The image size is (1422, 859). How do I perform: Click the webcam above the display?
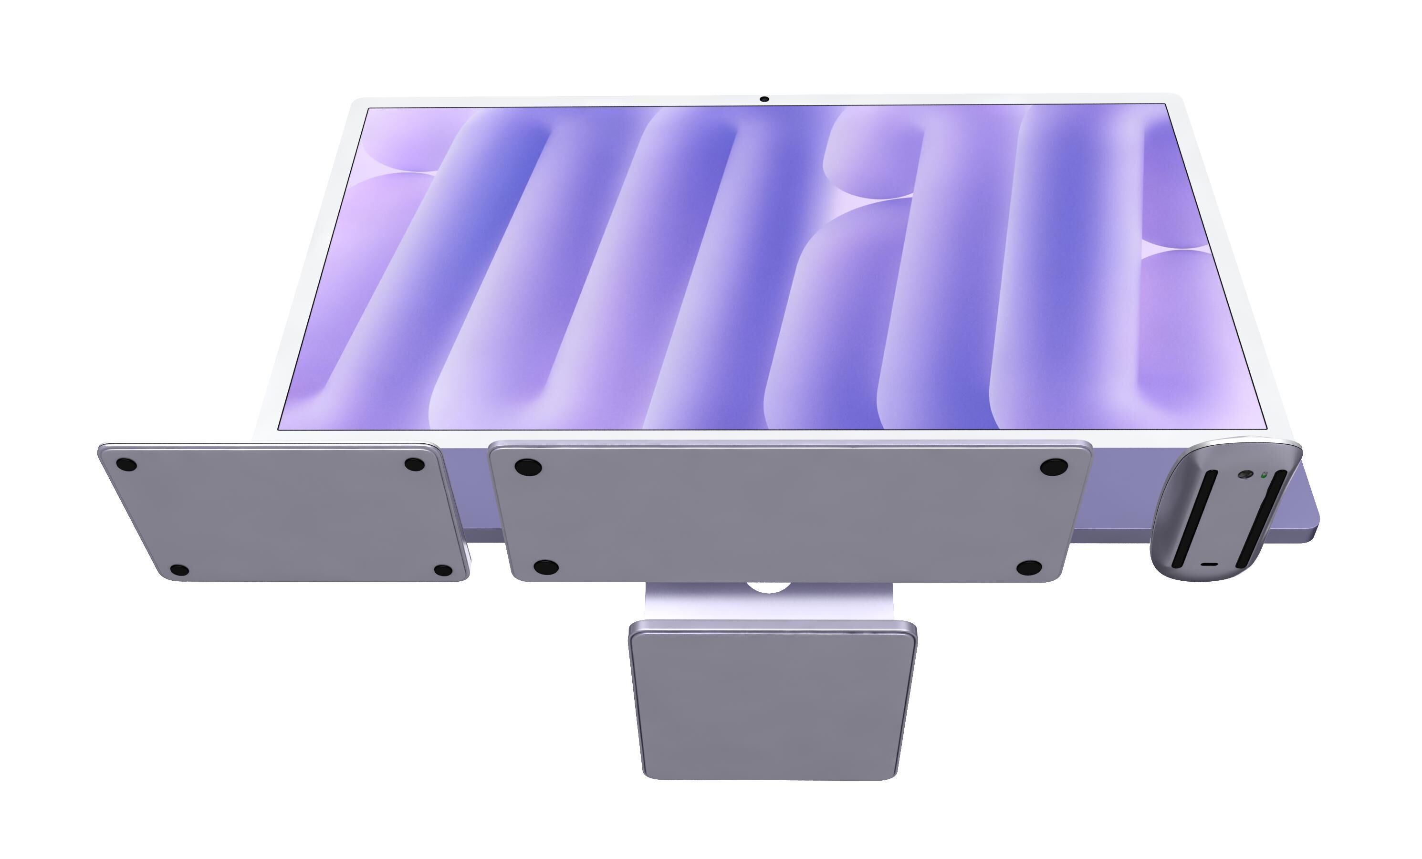(x=764, y=99)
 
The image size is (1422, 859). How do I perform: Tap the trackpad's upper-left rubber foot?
(x=126, y=465)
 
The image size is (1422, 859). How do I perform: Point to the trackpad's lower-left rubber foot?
(x=179, y=570)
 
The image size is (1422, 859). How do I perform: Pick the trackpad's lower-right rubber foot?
(x=443, y=570)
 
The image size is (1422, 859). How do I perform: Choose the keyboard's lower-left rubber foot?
(x=545, y=567)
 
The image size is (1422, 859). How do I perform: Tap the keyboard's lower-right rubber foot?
(x=1028, y=568)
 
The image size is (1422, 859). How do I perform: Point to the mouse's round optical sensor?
(x=1245, y=475)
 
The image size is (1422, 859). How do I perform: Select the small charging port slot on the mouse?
(x=1210, y=565)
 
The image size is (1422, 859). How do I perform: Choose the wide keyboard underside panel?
(x=785, y=514)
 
